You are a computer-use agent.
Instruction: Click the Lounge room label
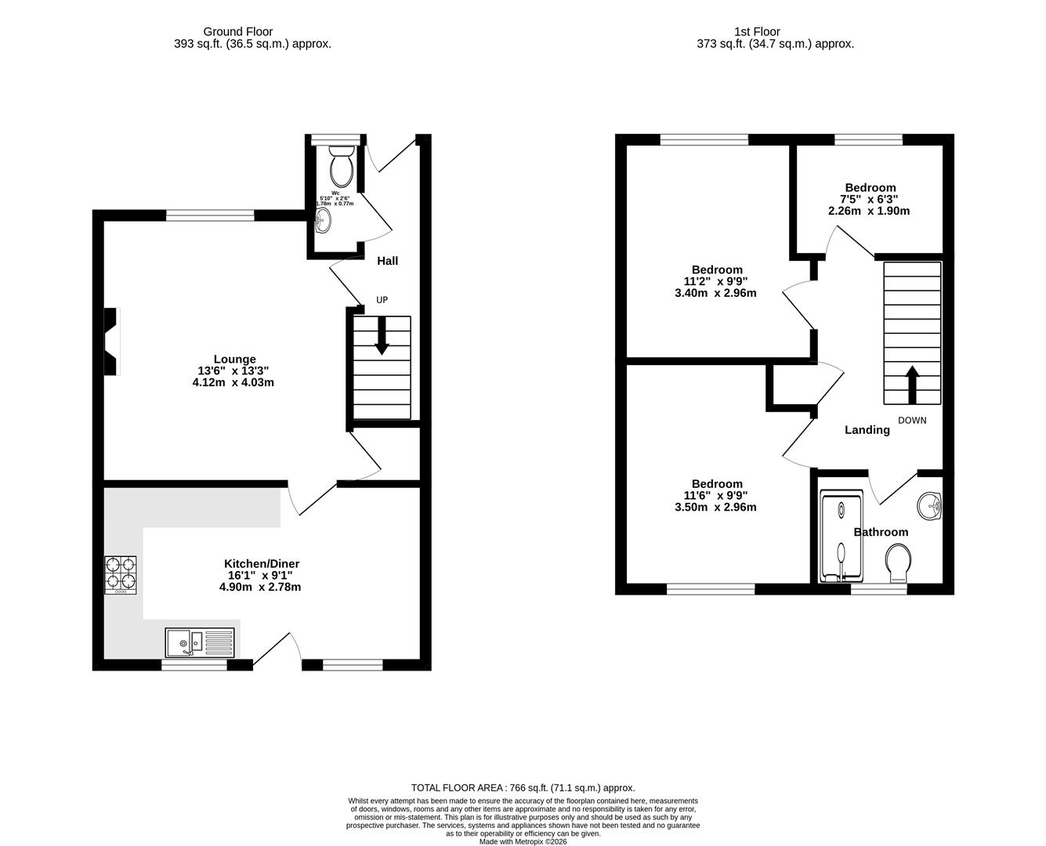click(x=234, y=360)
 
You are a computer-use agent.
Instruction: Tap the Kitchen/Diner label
click(x=262, y=564)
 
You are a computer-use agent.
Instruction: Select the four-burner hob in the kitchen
click(x=121, y=573)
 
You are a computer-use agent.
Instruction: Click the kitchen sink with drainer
click(x=199, y=643)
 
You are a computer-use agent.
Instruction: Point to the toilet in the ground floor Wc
click(x=342, y=166)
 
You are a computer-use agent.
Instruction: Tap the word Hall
click(x=387, y=261)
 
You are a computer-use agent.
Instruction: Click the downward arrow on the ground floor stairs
click(x=382, y=336)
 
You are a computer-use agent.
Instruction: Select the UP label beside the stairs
click(x=382, y=300)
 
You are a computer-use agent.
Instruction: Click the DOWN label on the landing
click(x=912, y=421)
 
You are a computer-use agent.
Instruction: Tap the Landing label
click(x=867, y=430)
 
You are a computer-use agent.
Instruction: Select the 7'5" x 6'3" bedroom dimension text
click(x=869, y=199)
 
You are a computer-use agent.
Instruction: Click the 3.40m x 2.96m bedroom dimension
click(x=716, y=294)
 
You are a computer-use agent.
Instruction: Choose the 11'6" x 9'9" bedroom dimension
click(x=716, y=495)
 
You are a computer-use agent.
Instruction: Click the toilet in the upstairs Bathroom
click(x=898, y=563)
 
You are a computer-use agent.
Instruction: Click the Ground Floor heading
click(x=237, y=32)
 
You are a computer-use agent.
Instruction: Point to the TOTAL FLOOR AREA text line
click(x=523, y=788)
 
